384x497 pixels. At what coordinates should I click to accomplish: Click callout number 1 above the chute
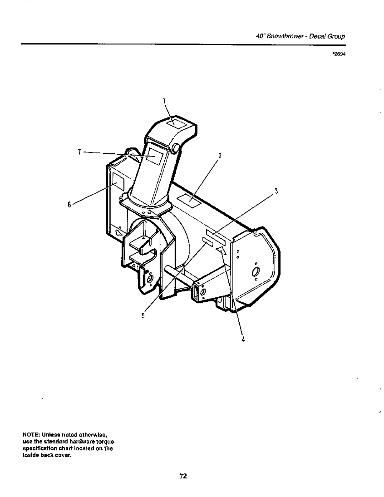164,101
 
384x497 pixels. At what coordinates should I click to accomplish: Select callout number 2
220,155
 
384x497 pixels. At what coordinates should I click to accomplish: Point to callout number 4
243,339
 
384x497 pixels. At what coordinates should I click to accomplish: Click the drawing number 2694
339,55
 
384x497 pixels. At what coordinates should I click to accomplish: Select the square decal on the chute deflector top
175,123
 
